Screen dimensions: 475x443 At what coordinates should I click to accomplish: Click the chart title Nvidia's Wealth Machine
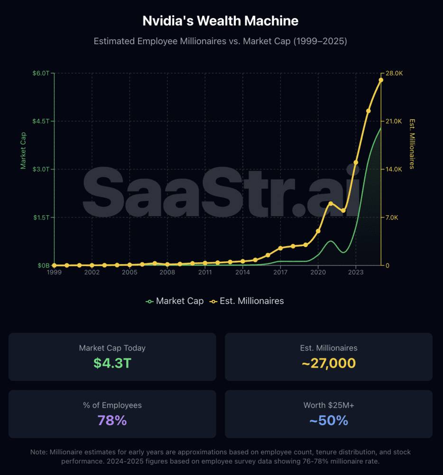pyautogui.click(x=221, y=21)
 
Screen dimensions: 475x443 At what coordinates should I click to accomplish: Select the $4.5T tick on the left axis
pyautogui.click(x=40, y=121)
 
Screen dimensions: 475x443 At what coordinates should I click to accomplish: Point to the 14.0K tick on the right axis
pyautogui.click(x=394, y=169)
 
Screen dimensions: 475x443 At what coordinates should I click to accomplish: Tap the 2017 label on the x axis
pyautogui.click(x=280, y=272)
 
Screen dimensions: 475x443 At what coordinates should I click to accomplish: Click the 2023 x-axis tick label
pyautogui.click(x=356, y=272)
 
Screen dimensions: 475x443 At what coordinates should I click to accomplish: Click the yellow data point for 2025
pyautogui.click(x=380, y=80)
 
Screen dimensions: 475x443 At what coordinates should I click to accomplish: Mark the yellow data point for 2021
pyautogui.click(x=331, y=203)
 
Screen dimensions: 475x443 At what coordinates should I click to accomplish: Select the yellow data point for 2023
pyautogui.click(x=356, y=162)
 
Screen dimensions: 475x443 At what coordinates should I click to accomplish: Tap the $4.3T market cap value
pyautogui.click(x=112, y=363)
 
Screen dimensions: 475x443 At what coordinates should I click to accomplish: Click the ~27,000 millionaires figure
pyautogui.click(x=329, y=363)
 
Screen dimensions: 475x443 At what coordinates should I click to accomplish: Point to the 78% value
pyautogui.click(x=112, y=420)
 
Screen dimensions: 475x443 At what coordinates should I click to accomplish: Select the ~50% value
pyautogui.click(x=329, y=420)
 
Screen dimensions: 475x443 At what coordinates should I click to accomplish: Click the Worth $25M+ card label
pyautogui.click(x=329, y=405)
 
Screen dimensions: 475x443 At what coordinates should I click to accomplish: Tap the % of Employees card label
pyautogui.click(x=112, y=405)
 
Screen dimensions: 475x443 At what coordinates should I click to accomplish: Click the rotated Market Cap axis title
pyautogui.click(x=23, y=151)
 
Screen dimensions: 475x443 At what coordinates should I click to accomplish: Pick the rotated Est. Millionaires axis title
pyautogui.click(x=412, y=143)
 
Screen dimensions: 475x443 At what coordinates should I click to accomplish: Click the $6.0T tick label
pyautogui.click(x=40, y=73)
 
